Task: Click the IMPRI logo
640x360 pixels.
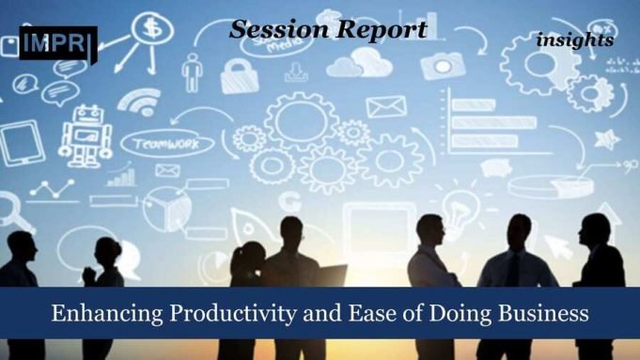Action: click(57, 42)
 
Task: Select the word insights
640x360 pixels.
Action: click(575, 40)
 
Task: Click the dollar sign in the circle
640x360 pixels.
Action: click(151, 27)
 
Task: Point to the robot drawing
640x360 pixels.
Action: click(85, 135)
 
